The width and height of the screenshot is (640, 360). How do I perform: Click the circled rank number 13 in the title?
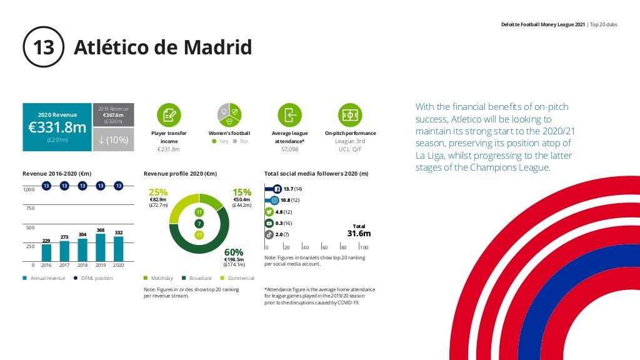[x=44, y=47]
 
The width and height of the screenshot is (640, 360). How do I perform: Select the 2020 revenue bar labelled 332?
[x=119, y=248]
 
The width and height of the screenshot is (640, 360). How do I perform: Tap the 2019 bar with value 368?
[x=101, y=247]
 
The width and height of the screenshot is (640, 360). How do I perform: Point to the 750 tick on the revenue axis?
[x=29, y=208]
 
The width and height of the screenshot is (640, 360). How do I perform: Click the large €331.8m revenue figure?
[x=57, y=127]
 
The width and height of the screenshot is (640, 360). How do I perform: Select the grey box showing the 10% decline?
[x=113, y=140]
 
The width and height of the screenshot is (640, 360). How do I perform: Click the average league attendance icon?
[x=289, y=115]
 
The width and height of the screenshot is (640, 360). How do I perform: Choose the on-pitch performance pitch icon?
[x=350, y=115]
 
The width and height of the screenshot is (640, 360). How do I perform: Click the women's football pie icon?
[x=229, y=115]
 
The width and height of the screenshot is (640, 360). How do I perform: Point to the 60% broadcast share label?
[x=242, y=251]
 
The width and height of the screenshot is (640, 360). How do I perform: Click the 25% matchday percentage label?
[x=157, y=192]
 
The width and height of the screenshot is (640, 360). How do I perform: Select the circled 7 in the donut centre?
[x=199, y=223]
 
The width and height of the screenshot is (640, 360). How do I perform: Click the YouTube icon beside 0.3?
[x=269, y=222]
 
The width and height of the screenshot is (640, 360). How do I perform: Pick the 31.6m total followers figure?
[x=359, y=233]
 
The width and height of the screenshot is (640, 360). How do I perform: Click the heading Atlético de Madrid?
[x=162, y=47]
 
